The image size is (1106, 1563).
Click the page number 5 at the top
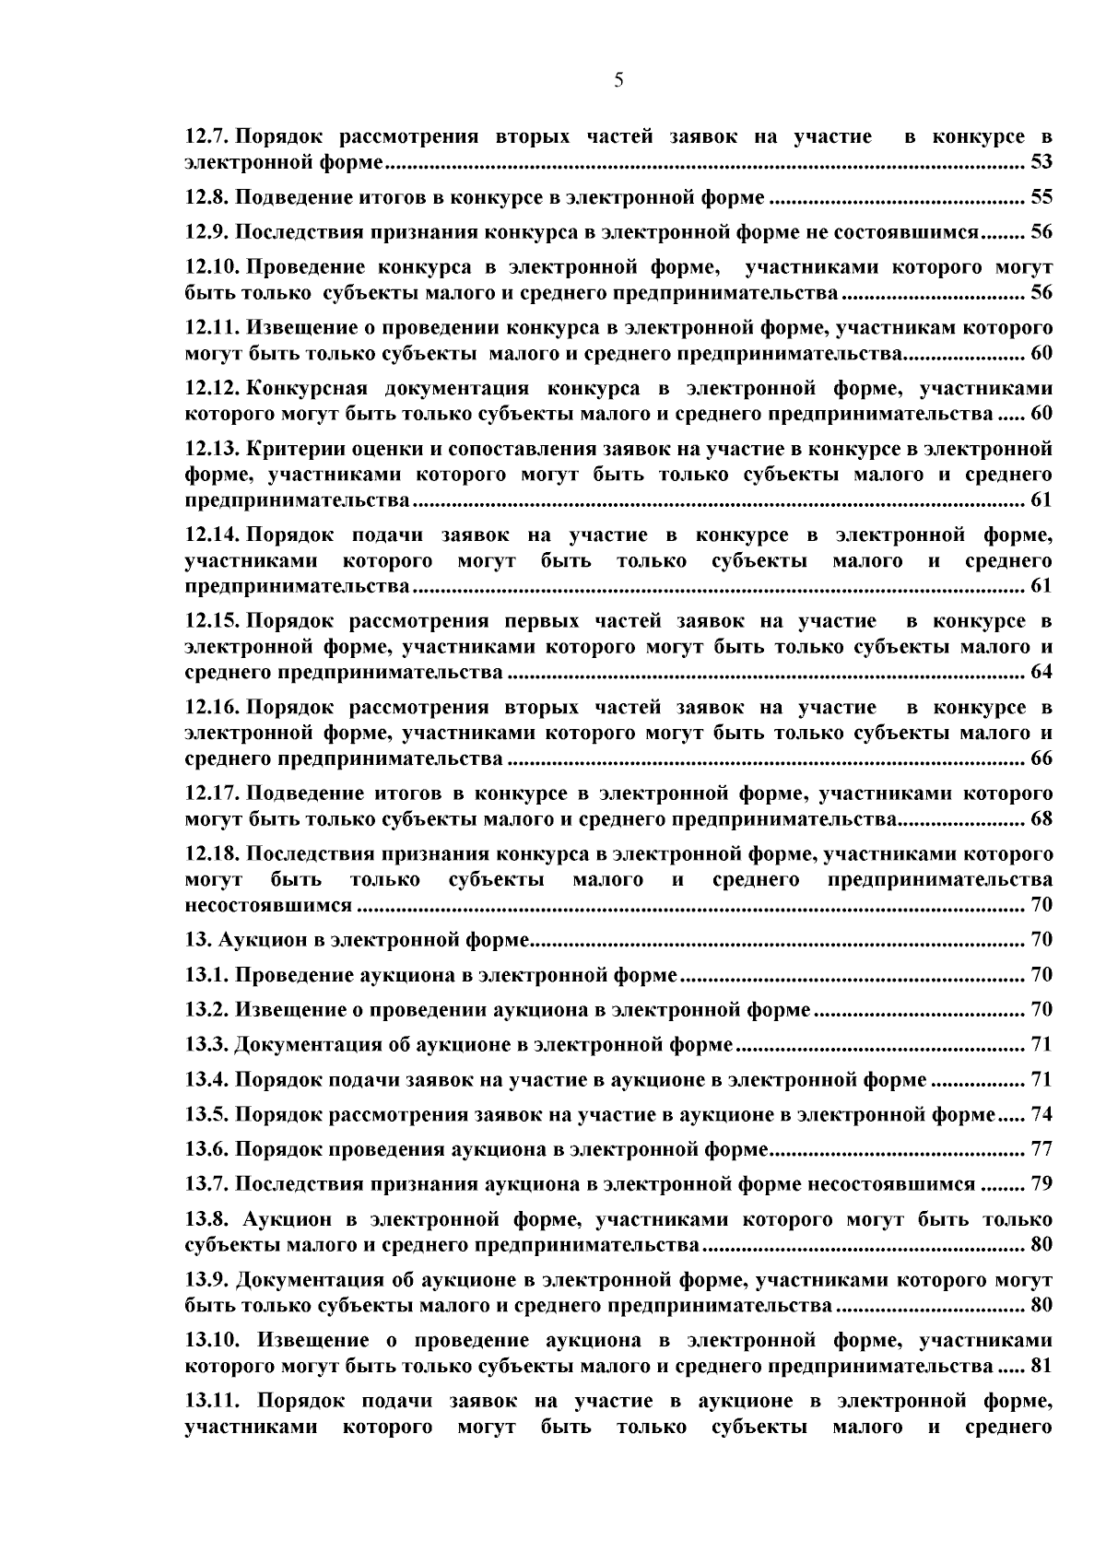click(618, 81)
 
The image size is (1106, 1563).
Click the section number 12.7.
click(206, 137)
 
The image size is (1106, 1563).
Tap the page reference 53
click(1041, 163)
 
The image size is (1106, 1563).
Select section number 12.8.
click(206, 197)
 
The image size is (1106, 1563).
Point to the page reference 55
click(1041, 197)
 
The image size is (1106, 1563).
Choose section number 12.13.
click(212, 449)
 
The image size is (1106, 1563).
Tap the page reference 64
click(1041, 672)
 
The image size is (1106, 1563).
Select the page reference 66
click(1041, 758)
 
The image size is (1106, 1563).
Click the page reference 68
click(1041, 818)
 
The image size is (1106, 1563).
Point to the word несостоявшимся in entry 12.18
click(268, 905)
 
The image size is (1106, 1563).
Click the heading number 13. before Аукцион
click(198, 940)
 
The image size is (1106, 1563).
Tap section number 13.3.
click(206, 1044)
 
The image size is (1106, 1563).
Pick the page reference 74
click(1041, 1114)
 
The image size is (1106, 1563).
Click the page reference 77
click(1041, 1149)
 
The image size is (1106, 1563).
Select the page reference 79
click(1041, 1184)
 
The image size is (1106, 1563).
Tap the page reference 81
click(1041, 1365)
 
